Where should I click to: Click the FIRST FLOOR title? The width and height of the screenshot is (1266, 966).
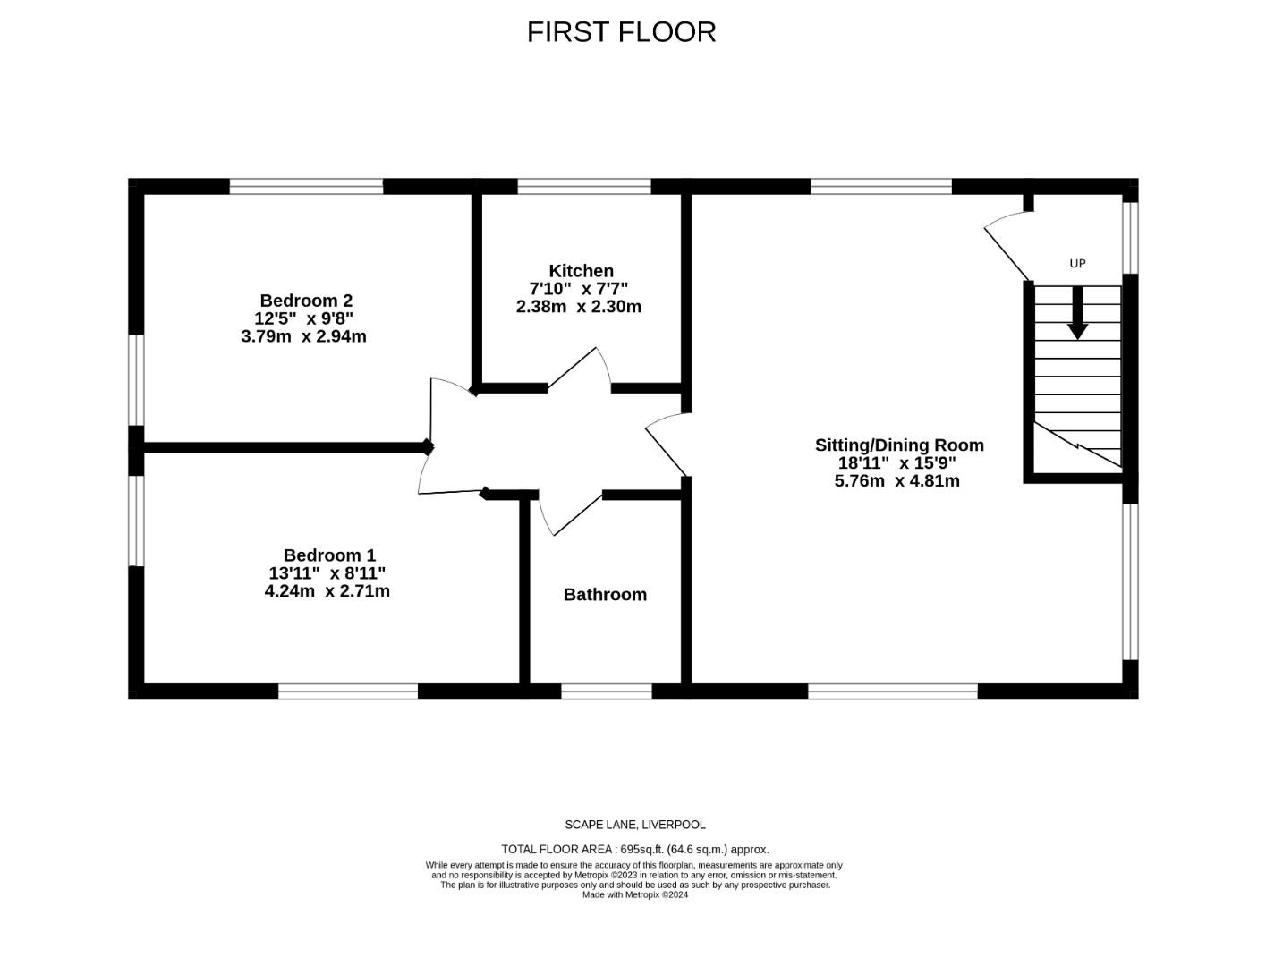pos(621,32)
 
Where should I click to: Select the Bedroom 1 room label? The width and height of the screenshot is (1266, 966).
pos(329,555)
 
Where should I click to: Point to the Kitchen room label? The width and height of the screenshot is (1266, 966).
pos(581,271)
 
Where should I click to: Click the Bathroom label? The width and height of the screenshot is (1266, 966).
pos(605,595)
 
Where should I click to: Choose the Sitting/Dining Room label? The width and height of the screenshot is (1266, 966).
pos(898,445)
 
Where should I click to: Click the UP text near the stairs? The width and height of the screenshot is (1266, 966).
pos(1077,264)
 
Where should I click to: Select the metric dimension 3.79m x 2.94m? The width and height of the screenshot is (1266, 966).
pos(303,337)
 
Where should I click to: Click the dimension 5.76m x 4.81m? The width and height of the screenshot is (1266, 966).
pos(896,481)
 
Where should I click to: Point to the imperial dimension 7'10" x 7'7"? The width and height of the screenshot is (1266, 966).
pos(579,289)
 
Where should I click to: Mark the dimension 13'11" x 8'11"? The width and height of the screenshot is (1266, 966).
pos(327,573)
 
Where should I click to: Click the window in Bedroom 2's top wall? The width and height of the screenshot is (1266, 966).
pos(306,187)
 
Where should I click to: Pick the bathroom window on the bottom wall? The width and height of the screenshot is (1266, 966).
pos(606,691)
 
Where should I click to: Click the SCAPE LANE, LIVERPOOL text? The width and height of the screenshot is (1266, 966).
pos(634,825)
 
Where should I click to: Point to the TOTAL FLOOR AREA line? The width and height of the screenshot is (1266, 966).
pos(634,850)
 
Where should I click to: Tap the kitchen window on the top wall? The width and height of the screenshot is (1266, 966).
pos(583,187)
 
